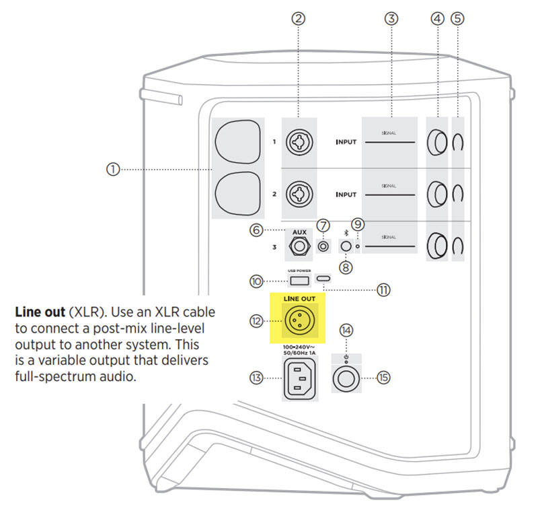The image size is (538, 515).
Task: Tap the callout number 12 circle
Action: [x=256, y=322]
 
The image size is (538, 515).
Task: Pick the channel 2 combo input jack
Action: [x=298, y=195]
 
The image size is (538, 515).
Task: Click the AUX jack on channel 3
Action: [x=299, y=247]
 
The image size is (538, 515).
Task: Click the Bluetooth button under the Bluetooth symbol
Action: [x=346, y=246]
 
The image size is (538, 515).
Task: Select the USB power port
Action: [x=299, y=279]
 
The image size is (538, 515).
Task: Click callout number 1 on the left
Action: [x=113, y=170]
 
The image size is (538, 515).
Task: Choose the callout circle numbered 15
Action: [x=383, y=378]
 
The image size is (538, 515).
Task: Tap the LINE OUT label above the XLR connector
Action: [x=298, y=297]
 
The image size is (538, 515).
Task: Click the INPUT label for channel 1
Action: [x=346, y=143]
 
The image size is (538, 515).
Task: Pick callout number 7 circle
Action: [x=323, y=225]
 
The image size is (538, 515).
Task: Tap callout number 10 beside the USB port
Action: [x=256, y=281]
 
